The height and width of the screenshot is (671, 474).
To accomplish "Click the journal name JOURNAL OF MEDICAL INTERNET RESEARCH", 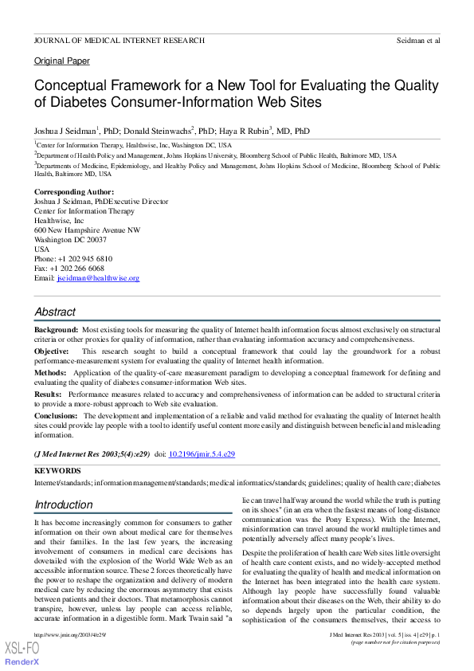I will click(119, 40).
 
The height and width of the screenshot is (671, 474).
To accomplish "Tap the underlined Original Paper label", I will click(62, 61).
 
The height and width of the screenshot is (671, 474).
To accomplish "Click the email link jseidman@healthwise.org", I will click(98, 278).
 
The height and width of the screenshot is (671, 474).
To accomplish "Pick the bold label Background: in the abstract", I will click(56, 329).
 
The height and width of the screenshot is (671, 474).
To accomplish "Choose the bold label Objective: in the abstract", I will click(53, 351).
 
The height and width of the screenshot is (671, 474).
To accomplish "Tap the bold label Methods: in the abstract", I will click(50, 372).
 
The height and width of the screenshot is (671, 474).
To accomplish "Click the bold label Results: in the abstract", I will click(49, 394).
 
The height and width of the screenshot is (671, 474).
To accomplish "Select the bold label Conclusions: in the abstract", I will click(57, 416).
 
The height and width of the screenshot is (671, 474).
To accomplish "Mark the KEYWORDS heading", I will click(57, 471).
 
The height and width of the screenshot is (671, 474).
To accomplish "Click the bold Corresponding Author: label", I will click(74, 192).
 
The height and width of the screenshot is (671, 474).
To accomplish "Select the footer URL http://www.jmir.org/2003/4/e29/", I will click(70, 634).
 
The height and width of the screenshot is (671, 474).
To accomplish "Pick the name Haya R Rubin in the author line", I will click(243, 131).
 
